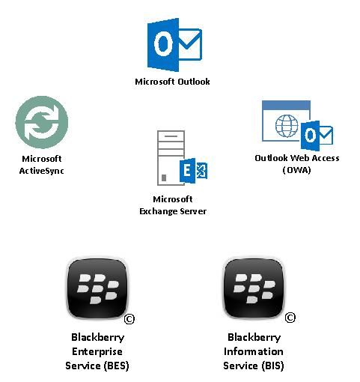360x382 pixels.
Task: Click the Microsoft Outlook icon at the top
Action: click(174, 45)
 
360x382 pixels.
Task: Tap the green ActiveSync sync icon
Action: click(42, 122)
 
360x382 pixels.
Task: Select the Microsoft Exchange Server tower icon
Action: click(182, 158)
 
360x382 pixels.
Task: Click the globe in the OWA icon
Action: click(287, 126)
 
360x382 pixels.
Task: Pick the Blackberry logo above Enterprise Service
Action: click(97, 288)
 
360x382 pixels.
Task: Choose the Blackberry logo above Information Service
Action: click(254, 288)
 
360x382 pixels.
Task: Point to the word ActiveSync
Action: click(41, 171)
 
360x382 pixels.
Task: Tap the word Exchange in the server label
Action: click(158, 211)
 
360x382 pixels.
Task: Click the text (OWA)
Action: click(296, 170)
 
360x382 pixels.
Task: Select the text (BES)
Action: click(116, 366)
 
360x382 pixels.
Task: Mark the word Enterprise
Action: click(97, 351)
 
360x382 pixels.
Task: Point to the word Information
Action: click(254, 351)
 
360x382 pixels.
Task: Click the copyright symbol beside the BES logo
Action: click(129, 319)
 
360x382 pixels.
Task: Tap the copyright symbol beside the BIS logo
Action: click(290, 318)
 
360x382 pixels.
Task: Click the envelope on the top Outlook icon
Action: click(190, 44)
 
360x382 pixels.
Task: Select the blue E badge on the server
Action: click(187, 171)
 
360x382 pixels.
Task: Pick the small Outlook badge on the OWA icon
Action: click(317, 136)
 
